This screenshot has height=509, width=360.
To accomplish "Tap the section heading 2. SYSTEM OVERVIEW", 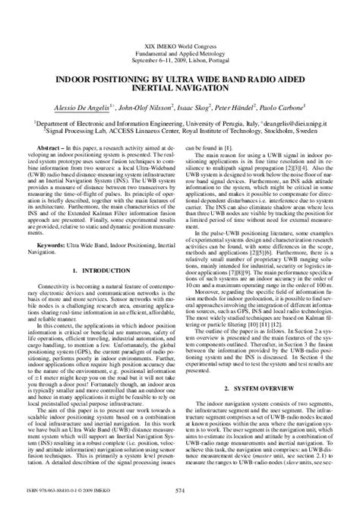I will pos(267,428).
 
